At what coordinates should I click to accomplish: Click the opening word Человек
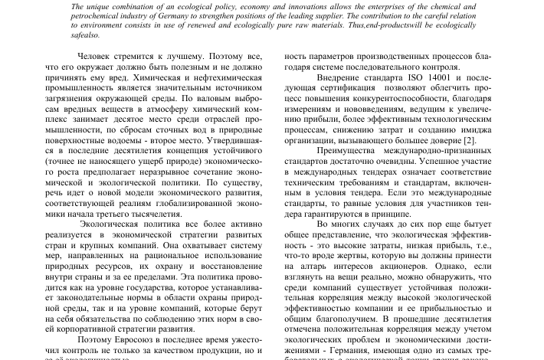point(99,57)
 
